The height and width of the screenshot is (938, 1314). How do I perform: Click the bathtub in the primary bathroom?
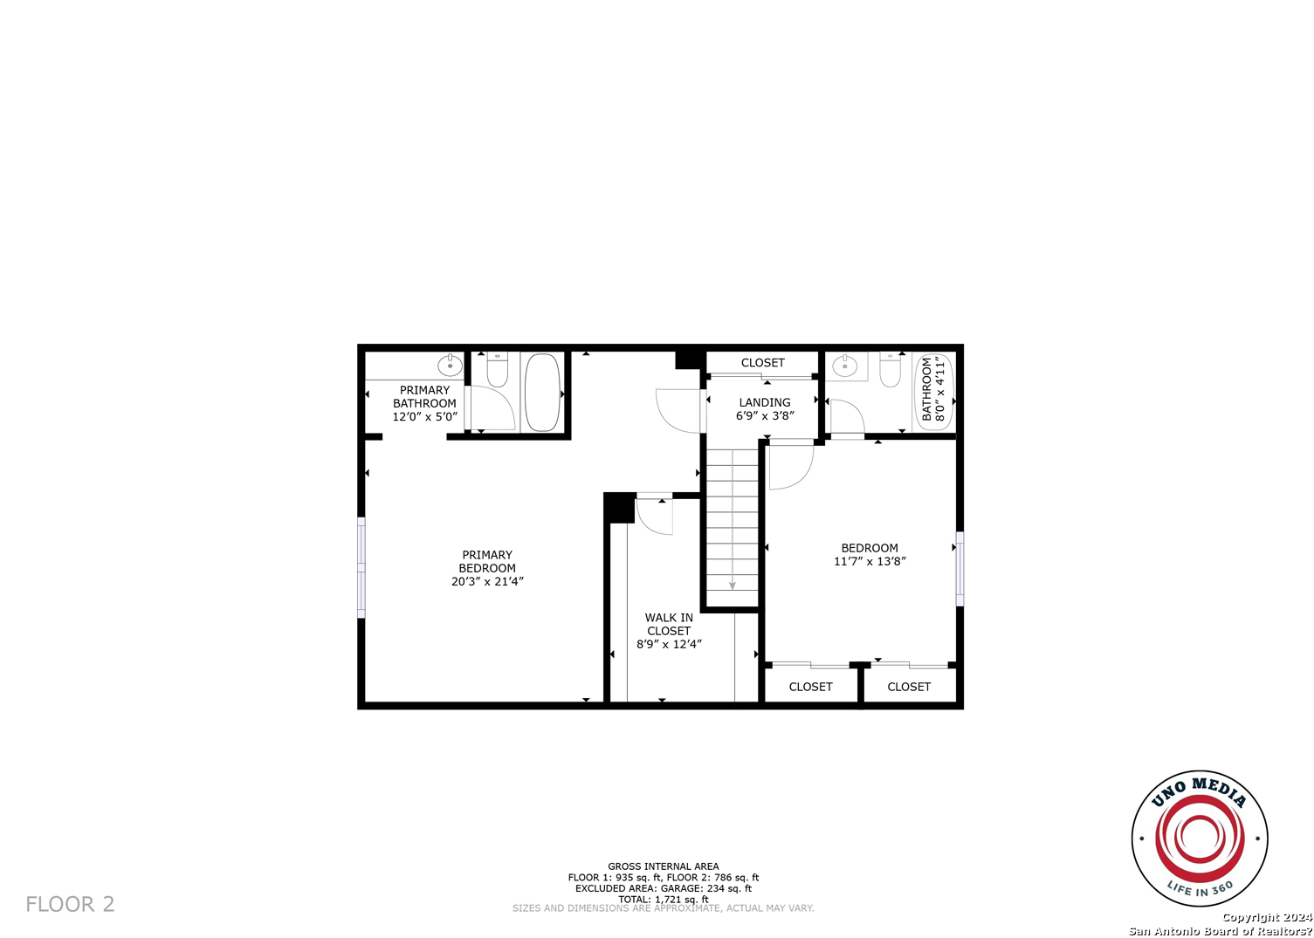[x=542, y=392]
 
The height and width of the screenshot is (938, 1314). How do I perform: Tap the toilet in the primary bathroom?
[x=497, y=370]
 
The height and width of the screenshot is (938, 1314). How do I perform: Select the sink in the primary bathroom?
[x=450, y=365]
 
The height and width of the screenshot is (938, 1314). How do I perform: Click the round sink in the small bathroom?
[x=844, y=366]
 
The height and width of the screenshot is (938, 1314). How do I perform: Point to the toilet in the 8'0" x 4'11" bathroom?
[x=890, y=370]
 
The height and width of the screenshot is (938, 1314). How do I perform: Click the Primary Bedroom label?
[x=487, y=561]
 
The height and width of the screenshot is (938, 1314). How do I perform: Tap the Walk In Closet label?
[x=669, y=624]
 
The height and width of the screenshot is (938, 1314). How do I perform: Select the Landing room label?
[x=765, y=402]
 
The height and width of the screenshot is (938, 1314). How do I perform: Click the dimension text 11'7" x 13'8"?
[x=870, y=562]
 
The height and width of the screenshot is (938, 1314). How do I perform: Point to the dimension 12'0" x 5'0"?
[x=424, y=417]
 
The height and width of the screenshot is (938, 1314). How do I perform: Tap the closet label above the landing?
[x=762, y=363]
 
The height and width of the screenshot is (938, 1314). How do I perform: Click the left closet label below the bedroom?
[x=810, y=687]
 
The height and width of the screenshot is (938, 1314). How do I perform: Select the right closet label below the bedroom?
[x=909, y=687]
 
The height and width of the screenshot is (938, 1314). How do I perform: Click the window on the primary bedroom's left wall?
[x=361, y=567]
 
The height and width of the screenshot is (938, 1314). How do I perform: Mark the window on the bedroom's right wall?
[x=960, y=568]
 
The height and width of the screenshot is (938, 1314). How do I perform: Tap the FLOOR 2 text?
[x=70, y=904]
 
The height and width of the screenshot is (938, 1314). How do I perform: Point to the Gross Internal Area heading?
[x=664, y=866]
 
